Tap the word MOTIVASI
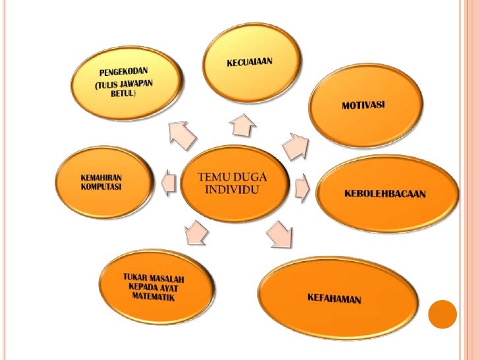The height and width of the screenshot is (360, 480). pyautogui.click(x=363, y=106)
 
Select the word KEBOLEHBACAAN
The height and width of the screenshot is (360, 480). pyautogui.click(x=385, y=194)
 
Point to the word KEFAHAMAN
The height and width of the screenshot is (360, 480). pyautogui.click(x=334, y=299)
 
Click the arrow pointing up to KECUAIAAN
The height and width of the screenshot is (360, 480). pyautogui.click(x=241, y=123)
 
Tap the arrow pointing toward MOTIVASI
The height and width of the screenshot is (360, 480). pyautogui.click(x=296, y=145)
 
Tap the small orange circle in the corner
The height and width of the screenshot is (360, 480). pyautogui.click(x=442, y=315)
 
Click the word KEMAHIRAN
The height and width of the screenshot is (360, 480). pyautogui.click(x=102, y=177)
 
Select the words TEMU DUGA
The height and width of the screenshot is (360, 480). pyautogui.click(x=233, y=177)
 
